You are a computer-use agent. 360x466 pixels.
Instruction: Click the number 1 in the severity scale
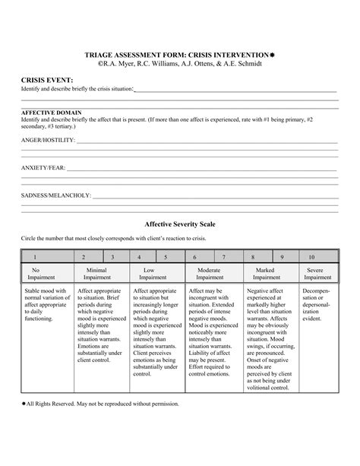click(34, 258)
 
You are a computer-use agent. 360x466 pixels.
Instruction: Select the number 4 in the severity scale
click(139, 258)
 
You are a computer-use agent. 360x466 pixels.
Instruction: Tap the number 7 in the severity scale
click(224, 258)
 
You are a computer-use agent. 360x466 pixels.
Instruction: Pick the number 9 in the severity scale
click(281, 258)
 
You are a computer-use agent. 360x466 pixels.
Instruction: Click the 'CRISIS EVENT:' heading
click(46, 79)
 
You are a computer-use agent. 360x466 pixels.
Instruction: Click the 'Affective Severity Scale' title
click(179, 225)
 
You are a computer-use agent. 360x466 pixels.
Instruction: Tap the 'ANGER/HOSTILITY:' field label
click(47, 141)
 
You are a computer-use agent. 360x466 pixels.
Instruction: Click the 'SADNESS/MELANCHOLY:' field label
click(55, 195)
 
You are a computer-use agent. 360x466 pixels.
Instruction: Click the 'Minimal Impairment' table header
click(96, 274)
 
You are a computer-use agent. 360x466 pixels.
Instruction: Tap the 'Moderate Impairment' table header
click(209, 274)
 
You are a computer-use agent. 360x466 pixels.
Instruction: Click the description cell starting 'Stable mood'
click(46, 305)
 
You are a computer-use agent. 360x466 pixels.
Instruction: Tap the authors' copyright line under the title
click(179, 64)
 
